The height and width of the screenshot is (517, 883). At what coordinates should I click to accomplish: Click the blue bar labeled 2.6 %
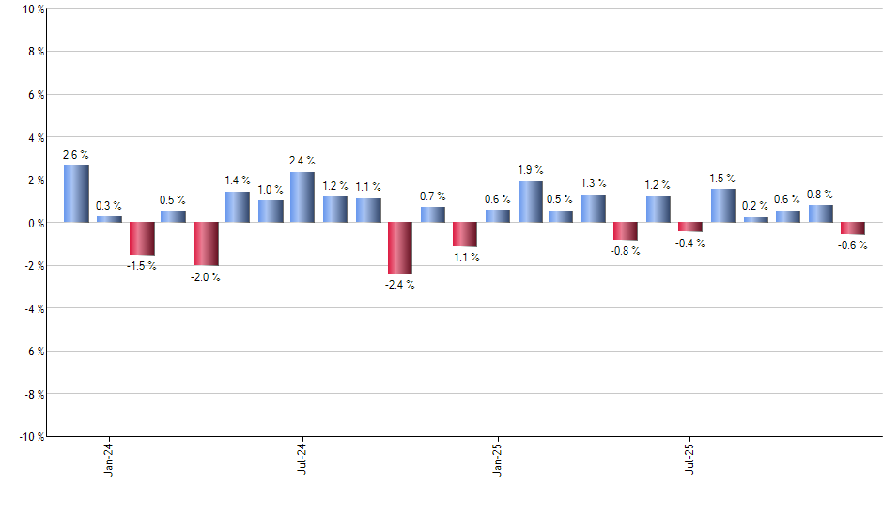click(x=76, y=194)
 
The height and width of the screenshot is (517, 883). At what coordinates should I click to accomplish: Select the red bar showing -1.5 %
click(x=142, y=239)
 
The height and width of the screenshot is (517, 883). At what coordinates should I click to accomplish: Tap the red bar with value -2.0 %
click(x=206, y=243)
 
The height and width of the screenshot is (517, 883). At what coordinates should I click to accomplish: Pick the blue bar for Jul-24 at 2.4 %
click(x=302, y=196)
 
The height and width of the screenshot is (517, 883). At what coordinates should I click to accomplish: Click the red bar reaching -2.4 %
click(x=399, y=248)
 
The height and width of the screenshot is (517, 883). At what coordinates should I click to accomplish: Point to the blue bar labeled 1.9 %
click(x=531, y=202)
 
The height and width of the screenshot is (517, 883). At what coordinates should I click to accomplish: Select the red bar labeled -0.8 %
click(x=626, y=231)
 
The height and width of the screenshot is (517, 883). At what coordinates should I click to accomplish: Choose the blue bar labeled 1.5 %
click(x=723, y=206)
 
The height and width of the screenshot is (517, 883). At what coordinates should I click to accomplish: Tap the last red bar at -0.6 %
click(x=852, y=228)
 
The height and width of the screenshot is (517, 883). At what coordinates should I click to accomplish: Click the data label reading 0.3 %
click(x=109, y=206)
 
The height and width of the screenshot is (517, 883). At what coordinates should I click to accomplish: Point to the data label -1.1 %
click(x=465, y=258)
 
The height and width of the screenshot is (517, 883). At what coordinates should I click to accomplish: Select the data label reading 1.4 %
click(x=238, y=180)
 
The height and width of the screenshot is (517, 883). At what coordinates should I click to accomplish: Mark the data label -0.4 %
click(x=690, y=243)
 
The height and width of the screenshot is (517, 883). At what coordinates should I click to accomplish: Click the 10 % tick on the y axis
click(x=31, y=9)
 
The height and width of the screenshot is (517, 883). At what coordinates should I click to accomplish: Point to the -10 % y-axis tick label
click(x=29, y=436)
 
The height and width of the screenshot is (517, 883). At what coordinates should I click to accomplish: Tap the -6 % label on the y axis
click(x=32, y=351)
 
